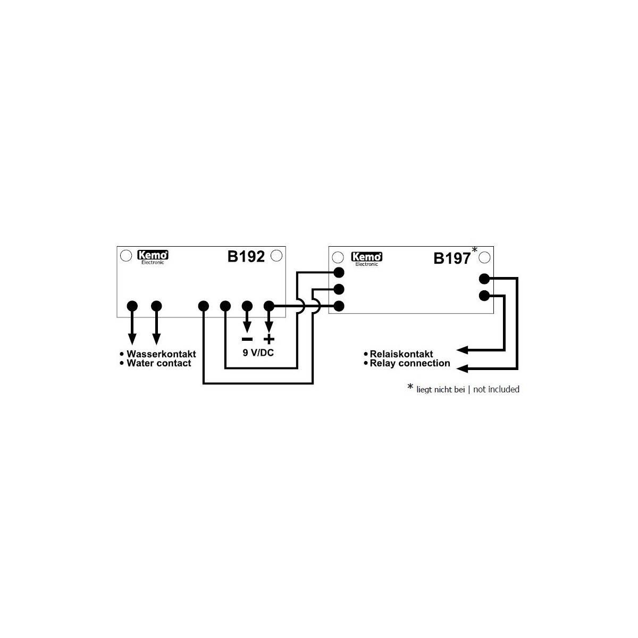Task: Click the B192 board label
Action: pyautogui.click(x=246, y=257)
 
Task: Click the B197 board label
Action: pyautogui.click(x=452, y=258)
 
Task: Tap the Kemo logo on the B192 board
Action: pyautogui.click(x=153, y=257)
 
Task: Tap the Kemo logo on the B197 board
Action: pyautogui.click(x=366, y=259)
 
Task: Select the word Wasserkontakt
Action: pyautogui.click(x=161, y=354)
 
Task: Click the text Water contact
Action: pyautogui.click(x=159, y=363)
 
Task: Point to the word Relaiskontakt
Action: pyautogui.click(x=401, y=354)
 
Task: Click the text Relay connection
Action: pyautogui.click(x=410, y=363)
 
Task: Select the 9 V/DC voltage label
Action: pyautogui.click(x=258, y=353)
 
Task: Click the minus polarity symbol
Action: pyautogui.click(x=247, y=339)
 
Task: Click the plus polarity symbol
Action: pyautogui.click(x=269, y=339)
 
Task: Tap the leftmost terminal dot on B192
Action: pyautogui.click(x=132, y=306)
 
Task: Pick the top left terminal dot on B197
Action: pyautogui.click(x=339, y=273)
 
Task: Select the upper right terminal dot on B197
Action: pyautogui.click(x=484, y=279)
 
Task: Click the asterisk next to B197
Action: pyautogui.click(x=474, y=250)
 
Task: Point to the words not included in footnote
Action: pyautogui.click(x=496, y=389)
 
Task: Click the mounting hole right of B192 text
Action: pyautogui.click(x=276, y=256)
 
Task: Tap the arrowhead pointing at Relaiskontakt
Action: pyautogui.click(x=462, y=350)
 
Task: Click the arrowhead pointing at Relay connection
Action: pyautogui.click(x=462, y=368)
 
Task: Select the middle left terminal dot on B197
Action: pyautogui.click(x=339, y=289)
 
